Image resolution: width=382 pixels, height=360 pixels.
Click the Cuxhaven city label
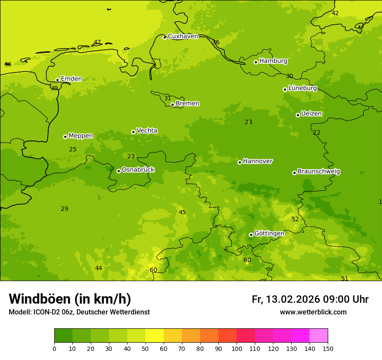point(183,36)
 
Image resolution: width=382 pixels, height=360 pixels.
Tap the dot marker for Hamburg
point(256,62)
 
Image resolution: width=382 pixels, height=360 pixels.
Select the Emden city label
point(71,79)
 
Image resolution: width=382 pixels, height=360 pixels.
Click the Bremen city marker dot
point(172,105)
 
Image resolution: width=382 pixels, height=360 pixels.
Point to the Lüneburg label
point(303,88)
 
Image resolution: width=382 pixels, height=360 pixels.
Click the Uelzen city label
point(311,114)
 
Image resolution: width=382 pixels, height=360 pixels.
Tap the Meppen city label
point(81,136)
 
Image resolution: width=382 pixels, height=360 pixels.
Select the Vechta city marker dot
point(133,132)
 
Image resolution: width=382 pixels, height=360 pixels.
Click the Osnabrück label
point(138,170)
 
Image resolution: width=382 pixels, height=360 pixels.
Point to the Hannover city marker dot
point(240,162)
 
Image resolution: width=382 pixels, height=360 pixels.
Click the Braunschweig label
point(319,172)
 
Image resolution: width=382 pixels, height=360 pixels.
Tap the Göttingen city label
point(269,234)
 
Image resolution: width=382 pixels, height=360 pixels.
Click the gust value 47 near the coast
point(97,43)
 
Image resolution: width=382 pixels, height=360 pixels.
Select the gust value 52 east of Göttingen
point(295,219)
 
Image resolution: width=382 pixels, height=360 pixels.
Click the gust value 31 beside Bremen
point(168,98)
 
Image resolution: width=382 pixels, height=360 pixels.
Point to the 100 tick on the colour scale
point(237,348)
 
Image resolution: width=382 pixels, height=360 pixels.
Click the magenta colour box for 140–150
point(319,336)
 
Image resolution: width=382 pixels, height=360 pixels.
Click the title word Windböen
point(39,299)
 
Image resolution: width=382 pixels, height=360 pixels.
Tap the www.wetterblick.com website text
point(313,312)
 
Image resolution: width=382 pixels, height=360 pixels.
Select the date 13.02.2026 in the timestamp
point(293,300)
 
